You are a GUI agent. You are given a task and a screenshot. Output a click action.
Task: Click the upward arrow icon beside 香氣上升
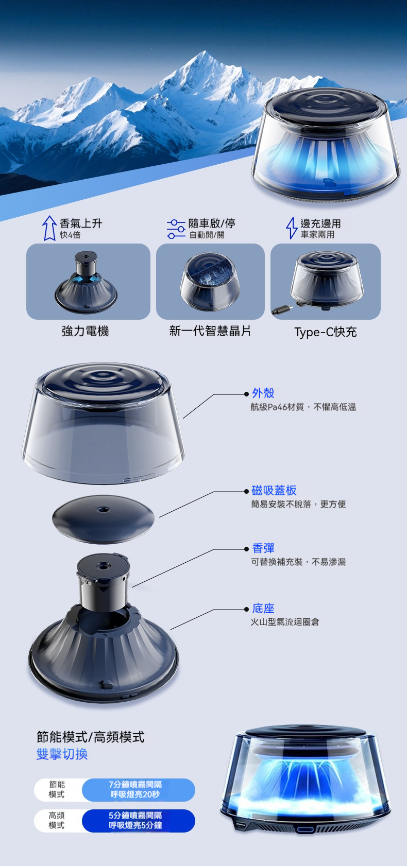49,228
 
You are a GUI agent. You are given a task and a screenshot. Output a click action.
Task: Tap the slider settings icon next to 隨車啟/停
176,229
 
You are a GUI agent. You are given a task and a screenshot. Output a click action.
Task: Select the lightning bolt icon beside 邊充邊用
291,228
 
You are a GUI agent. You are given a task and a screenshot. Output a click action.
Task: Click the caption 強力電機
85,331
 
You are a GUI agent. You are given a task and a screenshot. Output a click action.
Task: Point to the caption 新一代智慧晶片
210,331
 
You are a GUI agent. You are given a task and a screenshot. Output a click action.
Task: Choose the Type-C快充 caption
326,332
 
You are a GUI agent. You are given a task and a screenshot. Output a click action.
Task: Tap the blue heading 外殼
263,393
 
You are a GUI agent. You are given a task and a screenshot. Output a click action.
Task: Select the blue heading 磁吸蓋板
274,490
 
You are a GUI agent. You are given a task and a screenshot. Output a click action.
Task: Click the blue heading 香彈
263,548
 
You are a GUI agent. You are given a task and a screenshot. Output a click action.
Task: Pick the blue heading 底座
263,609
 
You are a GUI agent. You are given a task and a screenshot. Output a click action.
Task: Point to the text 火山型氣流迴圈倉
285,622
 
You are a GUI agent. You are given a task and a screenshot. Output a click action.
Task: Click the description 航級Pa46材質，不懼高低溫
303,407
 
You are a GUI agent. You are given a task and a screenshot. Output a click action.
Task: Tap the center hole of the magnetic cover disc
103,510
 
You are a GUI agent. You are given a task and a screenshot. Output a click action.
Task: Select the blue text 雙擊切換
62,754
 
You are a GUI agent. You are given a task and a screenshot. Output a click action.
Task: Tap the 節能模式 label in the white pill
57,789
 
